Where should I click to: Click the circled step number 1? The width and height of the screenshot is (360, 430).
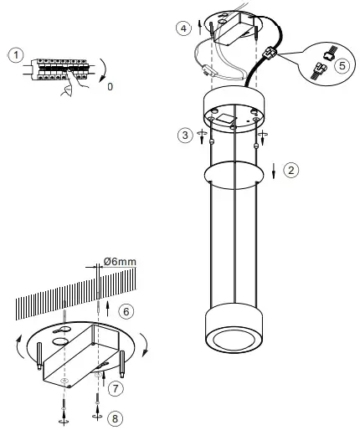(x=14, y=56)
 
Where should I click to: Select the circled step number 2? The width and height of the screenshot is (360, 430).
(x=290, y=170)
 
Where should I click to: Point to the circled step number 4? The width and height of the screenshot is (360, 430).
(x=183, y=28)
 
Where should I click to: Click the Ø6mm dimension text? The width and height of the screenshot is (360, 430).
(x=117, y=263)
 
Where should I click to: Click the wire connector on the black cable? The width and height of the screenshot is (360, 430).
(x=270, y=57)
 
